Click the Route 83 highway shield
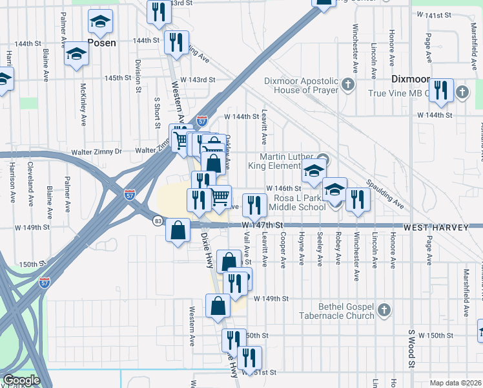pos(158,221)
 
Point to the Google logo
pos(21,380)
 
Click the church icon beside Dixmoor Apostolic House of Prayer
pos(348,85)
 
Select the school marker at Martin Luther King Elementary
pos(313,172)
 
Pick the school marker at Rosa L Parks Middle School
pos(334,189)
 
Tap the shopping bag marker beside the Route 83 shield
pos(178,230)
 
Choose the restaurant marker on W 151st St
pos(249,358)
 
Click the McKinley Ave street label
pos(83,96)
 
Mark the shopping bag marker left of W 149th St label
pos(218,305)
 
